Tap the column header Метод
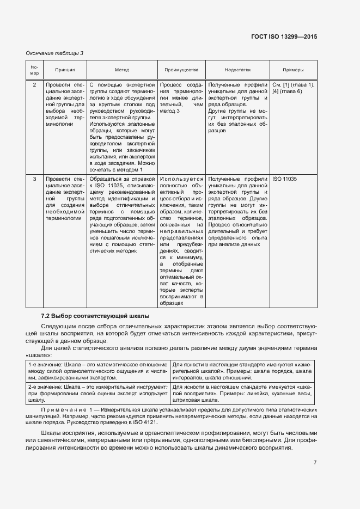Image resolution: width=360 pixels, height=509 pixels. pos(121,70)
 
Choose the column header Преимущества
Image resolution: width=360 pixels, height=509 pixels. pos(182,70)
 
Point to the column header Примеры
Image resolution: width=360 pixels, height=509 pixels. pos(293,70)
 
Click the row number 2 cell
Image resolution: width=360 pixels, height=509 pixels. pos(34,85)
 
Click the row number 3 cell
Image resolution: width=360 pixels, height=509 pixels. pos(34,179)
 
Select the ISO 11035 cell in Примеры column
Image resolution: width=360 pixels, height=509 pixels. pos(285,179)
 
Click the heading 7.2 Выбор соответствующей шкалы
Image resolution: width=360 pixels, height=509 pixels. pos(96,316)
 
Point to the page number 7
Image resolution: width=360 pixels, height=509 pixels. pos(315,463)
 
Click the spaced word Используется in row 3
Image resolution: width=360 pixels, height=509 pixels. pos(182,179)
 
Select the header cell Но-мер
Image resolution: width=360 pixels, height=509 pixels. pos(34,70)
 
